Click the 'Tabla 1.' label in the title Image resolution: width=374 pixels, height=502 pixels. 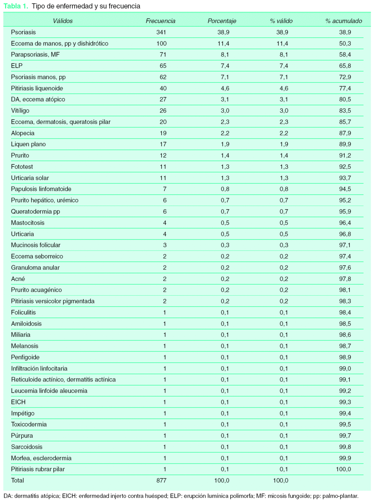(x=16, y=6)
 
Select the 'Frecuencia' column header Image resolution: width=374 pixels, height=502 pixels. (x=160, y=21)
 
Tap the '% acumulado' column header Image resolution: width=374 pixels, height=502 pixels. (x=343, y=21)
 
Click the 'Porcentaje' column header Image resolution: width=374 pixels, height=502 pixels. (x=222, y=21)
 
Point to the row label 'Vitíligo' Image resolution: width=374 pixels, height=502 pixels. (x=20, y=110)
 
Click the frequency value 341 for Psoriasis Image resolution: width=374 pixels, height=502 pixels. (x=161, y=32)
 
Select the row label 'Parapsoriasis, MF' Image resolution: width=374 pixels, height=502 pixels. (x=35, y=55)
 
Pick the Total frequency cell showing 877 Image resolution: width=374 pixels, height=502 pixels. (x=161, y=480)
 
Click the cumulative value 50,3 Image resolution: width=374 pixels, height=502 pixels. (x=345, y=44)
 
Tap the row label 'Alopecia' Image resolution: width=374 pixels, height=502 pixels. (x=23, y=133)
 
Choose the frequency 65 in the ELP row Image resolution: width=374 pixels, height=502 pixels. (x=163, y=66)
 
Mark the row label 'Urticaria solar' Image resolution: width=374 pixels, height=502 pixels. (x=30, y=178)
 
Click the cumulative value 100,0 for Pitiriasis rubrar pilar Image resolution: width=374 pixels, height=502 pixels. (x=343, y=469)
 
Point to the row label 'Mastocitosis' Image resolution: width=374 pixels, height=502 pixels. (x=28, y=223)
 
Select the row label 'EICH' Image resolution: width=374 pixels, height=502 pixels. (x=18, y=402)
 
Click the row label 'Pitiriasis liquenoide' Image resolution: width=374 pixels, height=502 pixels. (x=37, y=88)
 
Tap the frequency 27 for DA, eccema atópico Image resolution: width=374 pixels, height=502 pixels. (x=163, y=100)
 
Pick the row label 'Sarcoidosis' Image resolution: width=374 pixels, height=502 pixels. (x=27, y=447)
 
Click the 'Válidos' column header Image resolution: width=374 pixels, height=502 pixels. (x=63, y=21)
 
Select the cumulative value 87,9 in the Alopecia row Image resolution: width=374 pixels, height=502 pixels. (x=345, y=133)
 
